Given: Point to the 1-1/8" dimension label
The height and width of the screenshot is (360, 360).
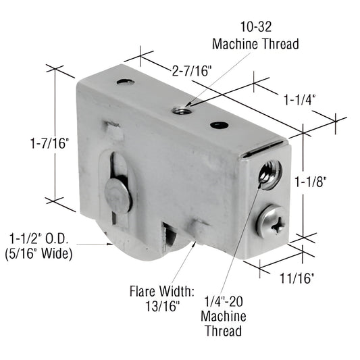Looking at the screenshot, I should pos(311,181).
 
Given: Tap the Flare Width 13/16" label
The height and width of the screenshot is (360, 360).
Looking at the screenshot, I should pos(161,298).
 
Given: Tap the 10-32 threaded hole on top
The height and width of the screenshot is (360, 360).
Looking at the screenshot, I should pos(179,109).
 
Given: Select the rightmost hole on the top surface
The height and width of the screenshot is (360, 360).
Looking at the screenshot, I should pos(218,125).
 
